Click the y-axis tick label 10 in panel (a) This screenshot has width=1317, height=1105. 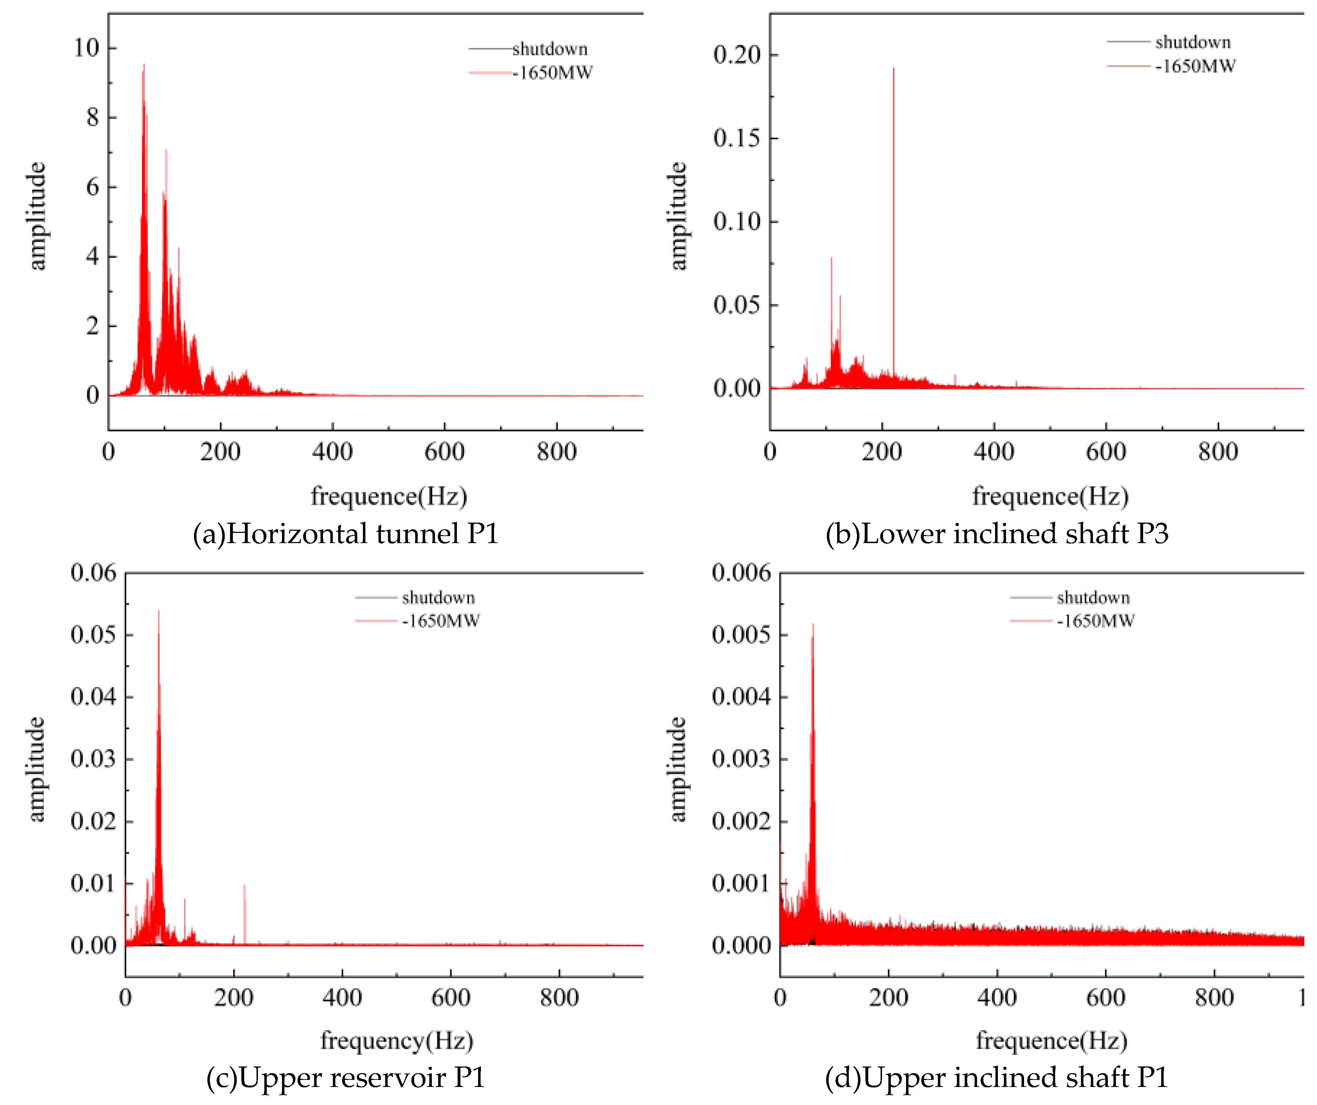86,48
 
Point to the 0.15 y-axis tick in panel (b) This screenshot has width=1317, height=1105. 736,138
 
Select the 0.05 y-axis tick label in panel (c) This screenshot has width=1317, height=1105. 93,634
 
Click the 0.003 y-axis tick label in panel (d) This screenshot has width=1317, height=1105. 741,758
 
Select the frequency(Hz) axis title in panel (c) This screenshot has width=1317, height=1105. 396,1040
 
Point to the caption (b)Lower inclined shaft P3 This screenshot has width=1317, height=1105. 996,533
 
